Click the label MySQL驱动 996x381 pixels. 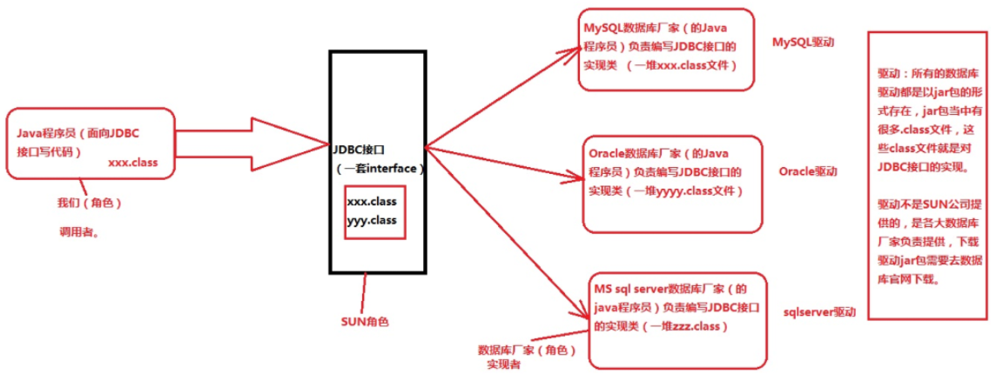click(803, 41)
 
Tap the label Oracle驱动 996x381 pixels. click(807, 172)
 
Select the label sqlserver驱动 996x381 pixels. click(819, 311)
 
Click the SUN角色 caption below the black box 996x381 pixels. click(365, 321)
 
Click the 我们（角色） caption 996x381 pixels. click(89, 203)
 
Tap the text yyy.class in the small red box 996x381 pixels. click(371, 220)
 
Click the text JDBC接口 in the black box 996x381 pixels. click(358, 149)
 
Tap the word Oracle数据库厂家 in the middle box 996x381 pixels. click(631, 154)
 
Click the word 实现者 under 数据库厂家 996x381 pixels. click(504, 365)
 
